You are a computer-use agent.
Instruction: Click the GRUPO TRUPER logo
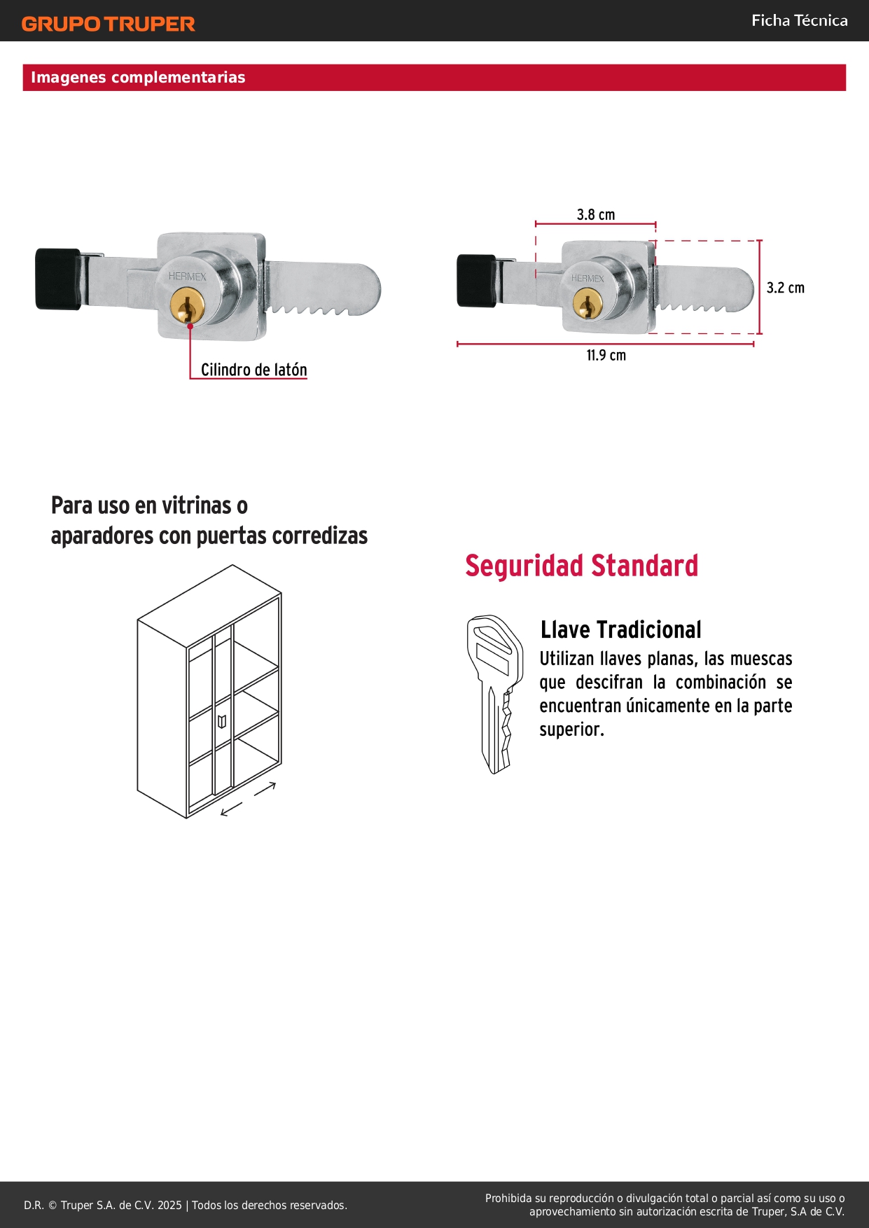pyautogui.click(x=108, y=24)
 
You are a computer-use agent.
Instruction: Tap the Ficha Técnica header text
pyautogui.click(x=800, y=20)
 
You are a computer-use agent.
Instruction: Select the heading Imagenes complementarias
pyautogui.click(x=138, y=77)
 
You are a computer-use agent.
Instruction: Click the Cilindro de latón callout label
pyautogui.click(x=254, y=370)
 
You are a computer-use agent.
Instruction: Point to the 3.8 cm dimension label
pyautogui.click(x=596, y=214)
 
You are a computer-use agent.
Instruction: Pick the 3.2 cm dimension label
pyautogui.click(x=786, y=288)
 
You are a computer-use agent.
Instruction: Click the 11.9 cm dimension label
pyautogui.click(x=606, y=355)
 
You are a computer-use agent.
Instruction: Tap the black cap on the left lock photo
pyautogui.click(x=58, y=279)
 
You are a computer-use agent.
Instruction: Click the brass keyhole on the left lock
pyautogui.click(x=188, y=306)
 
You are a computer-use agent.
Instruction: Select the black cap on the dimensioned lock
pyautogui.click(x=476, y=281)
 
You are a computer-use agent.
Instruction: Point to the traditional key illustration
pyautogui.click(x=495, y=694)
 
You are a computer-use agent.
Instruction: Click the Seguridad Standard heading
pyautogui.click(x=582, y=566)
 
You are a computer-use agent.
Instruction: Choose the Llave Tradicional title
pyautogui.click(x=621, y=629)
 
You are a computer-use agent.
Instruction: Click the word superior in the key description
pyautogui.click(x=571, y=730)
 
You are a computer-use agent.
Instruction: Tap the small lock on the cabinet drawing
pyautogui.click(x=222, y=721)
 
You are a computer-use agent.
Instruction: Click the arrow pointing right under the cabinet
pyautogui.click(x=265, y=788)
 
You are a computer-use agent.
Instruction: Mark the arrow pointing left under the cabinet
pyautogui.click(x=231, y=809)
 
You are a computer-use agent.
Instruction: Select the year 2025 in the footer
pyautogui.click(x=169, y=1205)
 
